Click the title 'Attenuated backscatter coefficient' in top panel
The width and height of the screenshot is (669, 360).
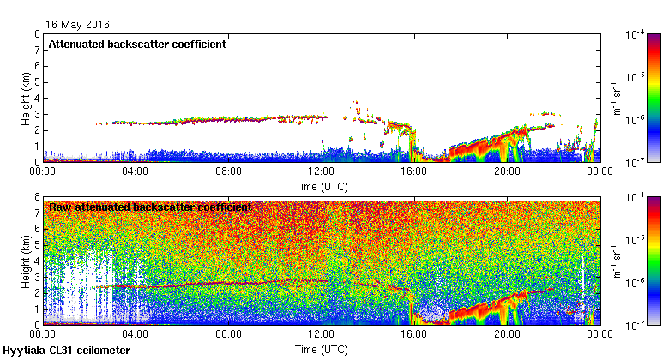pos(137,45)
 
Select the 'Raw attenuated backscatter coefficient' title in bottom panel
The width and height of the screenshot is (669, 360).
pos(150,207)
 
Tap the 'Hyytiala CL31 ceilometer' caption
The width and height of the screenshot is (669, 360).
pos(67,351)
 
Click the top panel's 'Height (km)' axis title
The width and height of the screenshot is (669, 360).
pos(26,98)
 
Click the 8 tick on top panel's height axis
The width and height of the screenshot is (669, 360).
pos(37,34)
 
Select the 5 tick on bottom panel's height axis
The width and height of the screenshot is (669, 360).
pos(37,245)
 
